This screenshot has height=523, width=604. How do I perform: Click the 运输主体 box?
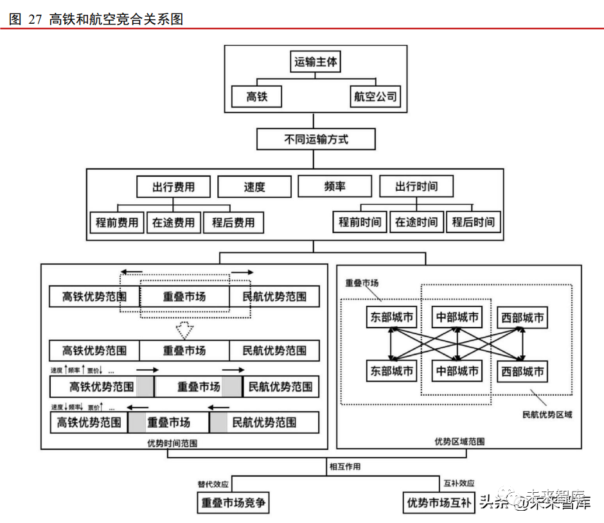tap(315, 62)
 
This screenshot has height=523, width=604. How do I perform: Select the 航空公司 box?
tap(376, 97)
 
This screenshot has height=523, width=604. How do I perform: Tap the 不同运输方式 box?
tap(315, 139)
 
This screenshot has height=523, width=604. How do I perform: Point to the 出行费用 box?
tap(173, 187)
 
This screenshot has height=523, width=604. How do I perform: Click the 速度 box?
tap(254, 187)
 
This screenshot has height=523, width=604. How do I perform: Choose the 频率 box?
tap(334, 186)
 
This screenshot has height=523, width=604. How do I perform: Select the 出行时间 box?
tap(416, 186)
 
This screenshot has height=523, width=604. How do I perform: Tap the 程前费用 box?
tap(117, 222)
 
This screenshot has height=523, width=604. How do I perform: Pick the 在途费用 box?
tap(173, 222)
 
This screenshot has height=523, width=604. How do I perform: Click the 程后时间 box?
tap(474, 222)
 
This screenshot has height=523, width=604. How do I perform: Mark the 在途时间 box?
tap(416, 222)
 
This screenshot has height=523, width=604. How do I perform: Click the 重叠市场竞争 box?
tap(233, 502)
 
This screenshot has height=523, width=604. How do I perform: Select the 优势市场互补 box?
tap(438, 502)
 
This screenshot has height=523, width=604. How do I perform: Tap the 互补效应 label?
tap(458, 483)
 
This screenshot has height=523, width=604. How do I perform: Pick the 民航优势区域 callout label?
tap(547, 415)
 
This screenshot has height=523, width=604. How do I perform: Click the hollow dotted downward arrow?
tap(185, 330)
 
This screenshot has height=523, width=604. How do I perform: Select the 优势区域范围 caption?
tap(459, 441)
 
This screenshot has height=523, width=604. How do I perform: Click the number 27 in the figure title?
tap(35, 19)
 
